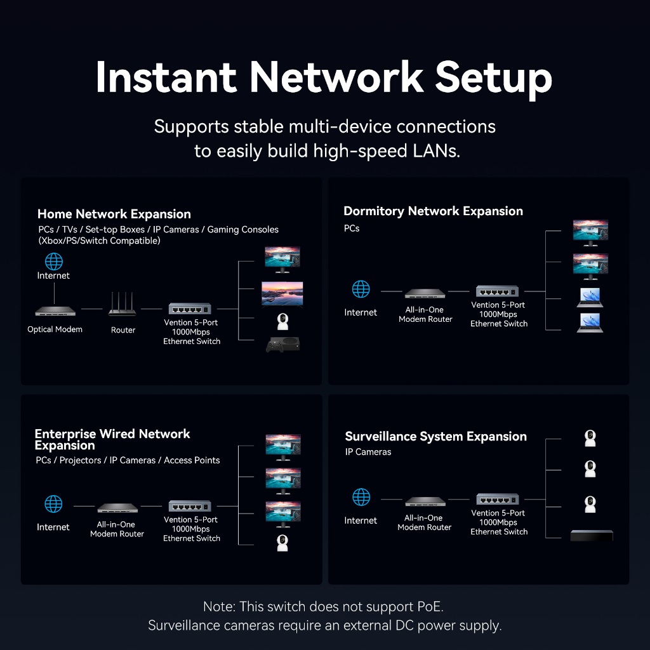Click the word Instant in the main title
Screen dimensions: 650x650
(166, 77)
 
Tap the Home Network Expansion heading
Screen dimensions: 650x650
(114, 214)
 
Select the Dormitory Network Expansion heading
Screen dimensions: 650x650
(433, 211)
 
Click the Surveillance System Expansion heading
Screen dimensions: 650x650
(435, 436)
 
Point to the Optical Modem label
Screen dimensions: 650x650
(55, 329)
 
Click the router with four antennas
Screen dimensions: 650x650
(123, 305)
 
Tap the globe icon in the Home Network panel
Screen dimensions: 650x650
(54, 261)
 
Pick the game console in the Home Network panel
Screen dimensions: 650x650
(282, 345)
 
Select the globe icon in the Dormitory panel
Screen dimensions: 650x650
(361, 289)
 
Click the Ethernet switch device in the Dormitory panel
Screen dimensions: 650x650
(498, 291)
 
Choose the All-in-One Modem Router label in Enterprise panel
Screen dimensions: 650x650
(117, 529)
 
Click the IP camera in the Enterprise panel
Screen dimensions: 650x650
(282, 543)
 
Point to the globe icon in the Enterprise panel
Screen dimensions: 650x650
(53, 505)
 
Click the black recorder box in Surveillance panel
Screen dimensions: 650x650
(592, 535)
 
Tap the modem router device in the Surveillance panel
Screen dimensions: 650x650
(425, 502)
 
